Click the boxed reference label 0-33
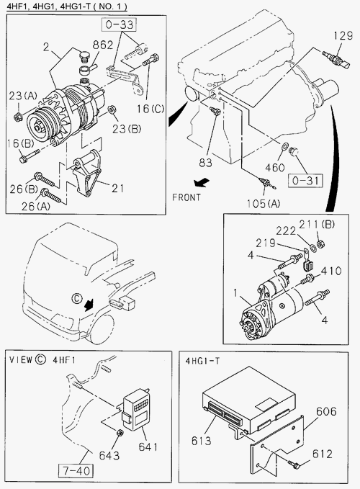pyautogui.click(x=119, y=24)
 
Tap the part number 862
pyautogui.click(x=103, y=45)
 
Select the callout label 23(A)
pyautogui.click(x=22, y=96)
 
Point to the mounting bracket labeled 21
pyautogui.click(x=86, y=174)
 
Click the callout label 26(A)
pyautogui.click(x=36, y=206)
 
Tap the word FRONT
pyautogui.click(x=186, y=197)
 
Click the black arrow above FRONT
pyautogui.click(x=202, y=183)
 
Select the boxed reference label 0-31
pyautogui.click(x=305, y=181)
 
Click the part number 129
pyautogui.click(x=343, y=36)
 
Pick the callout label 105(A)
pyautogui.click(x=264, y=204)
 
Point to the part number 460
pyautogui.click(x=275, y=168)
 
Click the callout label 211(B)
pyautogui.click(x=317, y=224)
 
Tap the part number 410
pyautogui.click(x=331, y=271)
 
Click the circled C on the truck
pyautogui.click(x=76, y=298)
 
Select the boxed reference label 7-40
pyautogui.click(x=76, y=470)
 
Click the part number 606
pyautogui.click(x=326, y=412)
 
